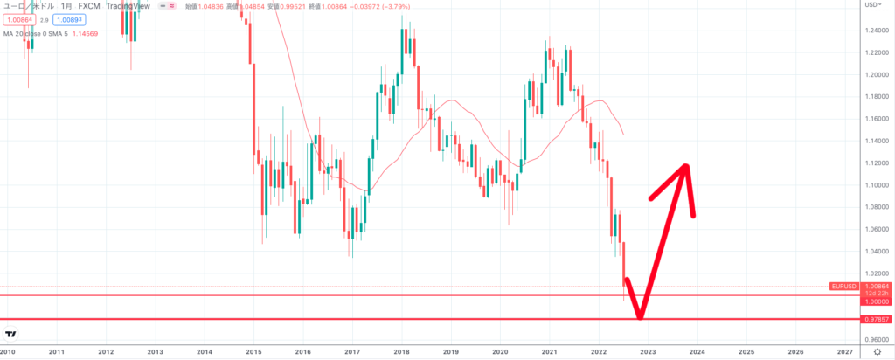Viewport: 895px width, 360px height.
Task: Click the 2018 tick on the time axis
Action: [x=402, y=352]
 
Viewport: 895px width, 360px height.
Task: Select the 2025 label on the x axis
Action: [x=746, y=352]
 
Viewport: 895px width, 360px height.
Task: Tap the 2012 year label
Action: [x=106, y=352]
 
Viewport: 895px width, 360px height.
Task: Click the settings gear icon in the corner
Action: [x=876, y=352]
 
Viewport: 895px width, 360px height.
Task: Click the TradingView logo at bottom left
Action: [x=12, y=335]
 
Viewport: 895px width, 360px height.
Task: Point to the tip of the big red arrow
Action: [x=686, y=166]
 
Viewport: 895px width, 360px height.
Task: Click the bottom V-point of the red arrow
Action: [x=641, y=317]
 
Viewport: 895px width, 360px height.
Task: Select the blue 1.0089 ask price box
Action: [x=69, y=19]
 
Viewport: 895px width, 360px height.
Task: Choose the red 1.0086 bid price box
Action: [x=21, y=19]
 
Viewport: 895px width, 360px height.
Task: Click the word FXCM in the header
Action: [x=90, y=5]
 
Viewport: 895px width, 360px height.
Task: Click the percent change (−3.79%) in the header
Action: [x=379, y=5]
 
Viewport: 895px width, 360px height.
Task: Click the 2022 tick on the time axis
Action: [x=599, y=352]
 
